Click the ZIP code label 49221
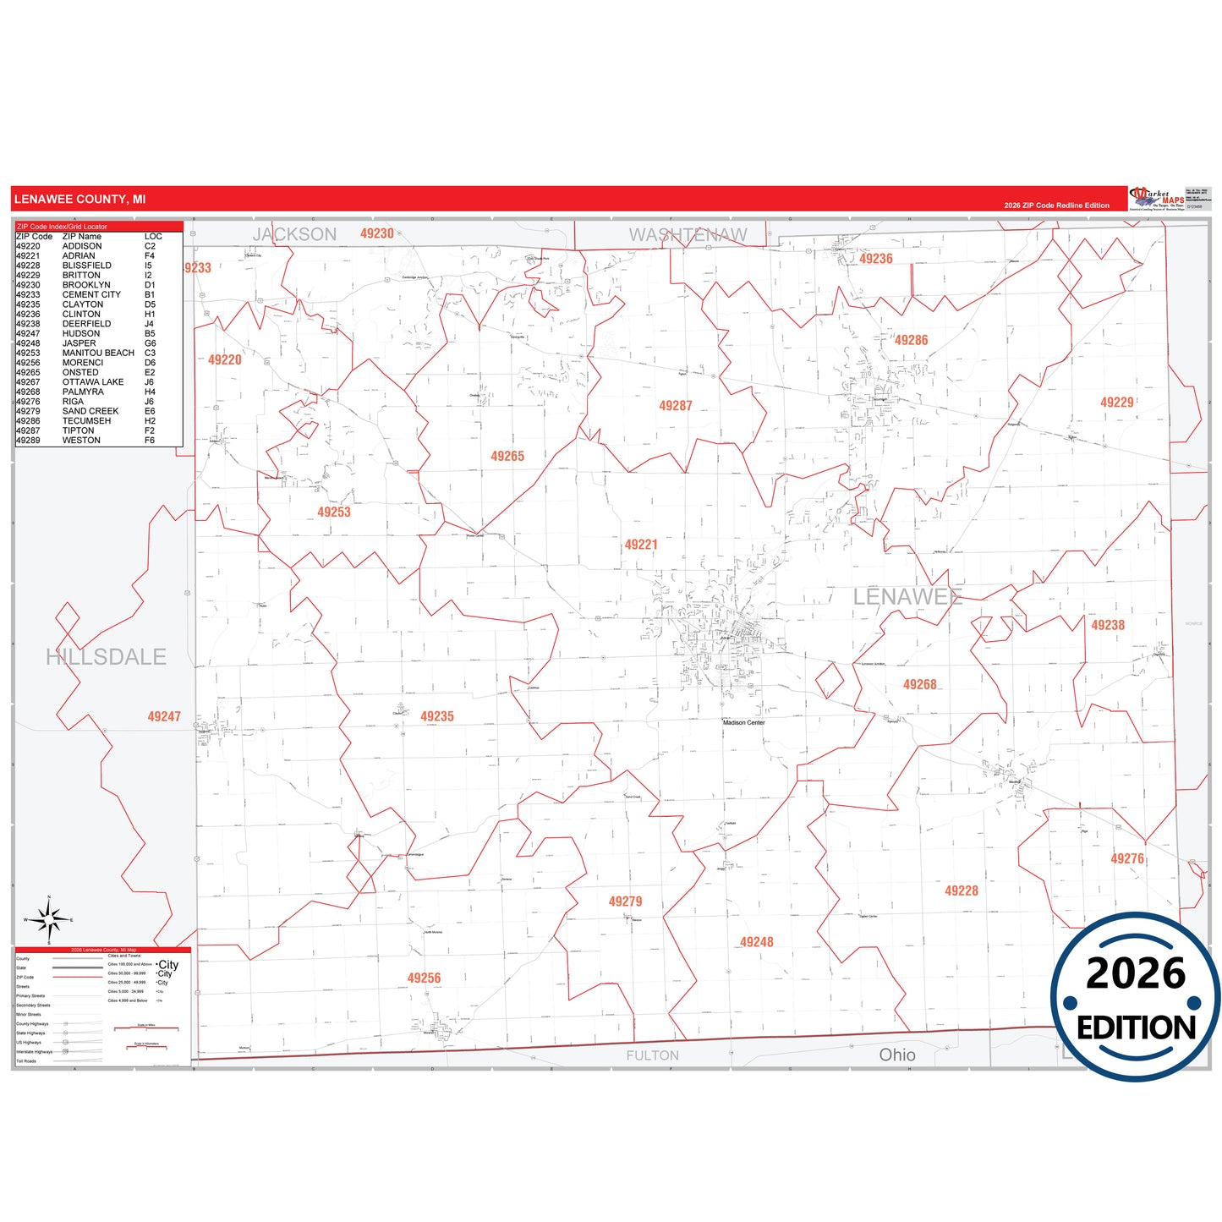point(641,545)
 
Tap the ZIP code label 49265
point(507,457)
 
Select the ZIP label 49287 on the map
point(676,406)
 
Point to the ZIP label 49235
point(437,716)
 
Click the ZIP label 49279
point(626,901)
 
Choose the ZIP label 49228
point(962,890)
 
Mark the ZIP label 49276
point(1127,858)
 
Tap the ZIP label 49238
point(1108,625)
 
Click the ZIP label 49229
point(1117,403)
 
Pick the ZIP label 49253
point(334,512)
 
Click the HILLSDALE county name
point(106,656)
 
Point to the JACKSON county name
point(294,234)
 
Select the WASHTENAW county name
point(688,234)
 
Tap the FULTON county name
point(652,1055)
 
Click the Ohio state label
point(897,1055)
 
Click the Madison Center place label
point(744,722)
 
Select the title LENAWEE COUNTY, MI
point(79,200)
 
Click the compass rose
point(49,918)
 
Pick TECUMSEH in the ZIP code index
point(87,421)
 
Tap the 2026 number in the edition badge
point(1136,973)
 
